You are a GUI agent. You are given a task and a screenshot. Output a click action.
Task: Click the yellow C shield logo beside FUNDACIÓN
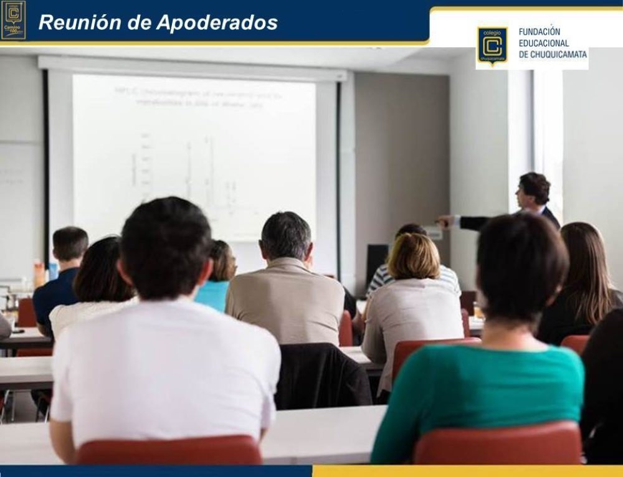492,45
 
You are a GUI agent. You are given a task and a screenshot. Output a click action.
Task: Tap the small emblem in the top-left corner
13,19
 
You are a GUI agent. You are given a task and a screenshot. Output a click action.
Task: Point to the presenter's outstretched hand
444,220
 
